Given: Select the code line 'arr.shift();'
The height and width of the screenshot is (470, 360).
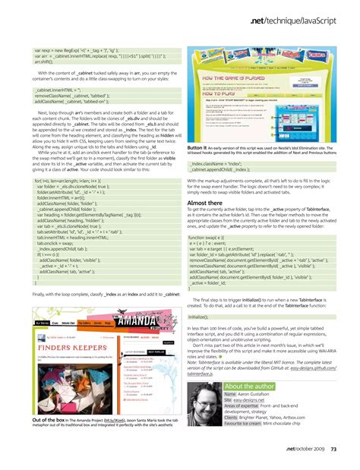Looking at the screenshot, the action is coord(46,62).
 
